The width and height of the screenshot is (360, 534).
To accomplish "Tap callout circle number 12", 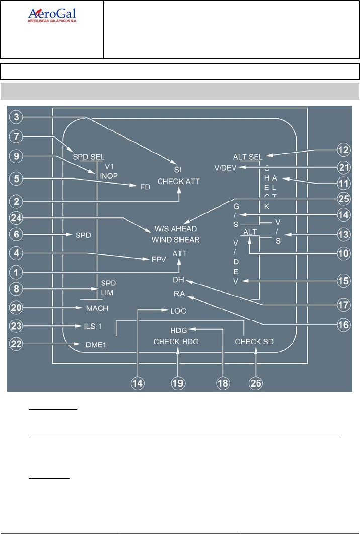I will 344,149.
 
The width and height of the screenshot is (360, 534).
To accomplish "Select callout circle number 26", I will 256,382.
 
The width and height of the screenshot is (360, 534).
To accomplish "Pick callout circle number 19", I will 178,382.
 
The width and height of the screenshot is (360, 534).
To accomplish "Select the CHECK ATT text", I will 179,181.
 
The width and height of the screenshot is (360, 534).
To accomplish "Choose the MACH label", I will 96,307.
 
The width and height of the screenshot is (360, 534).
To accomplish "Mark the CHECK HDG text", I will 176,342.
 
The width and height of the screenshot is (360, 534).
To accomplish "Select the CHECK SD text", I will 255,342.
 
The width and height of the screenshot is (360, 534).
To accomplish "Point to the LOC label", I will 177,311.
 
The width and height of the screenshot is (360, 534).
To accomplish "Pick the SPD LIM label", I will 108,287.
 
